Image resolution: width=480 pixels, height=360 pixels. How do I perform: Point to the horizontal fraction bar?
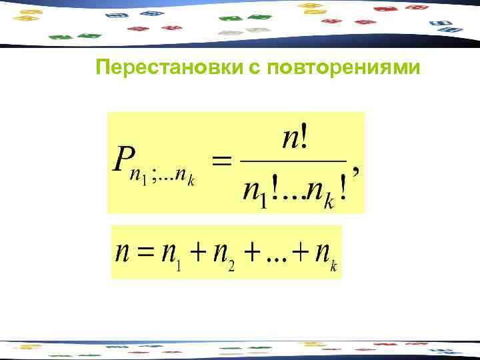(293, 161)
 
